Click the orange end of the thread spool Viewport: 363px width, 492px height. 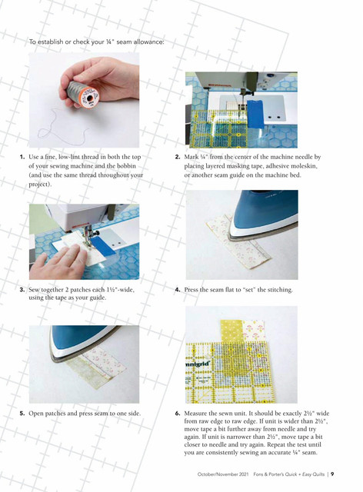coord(89,97)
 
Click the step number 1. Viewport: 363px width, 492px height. coord(22,157)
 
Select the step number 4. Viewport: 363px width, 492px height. coord(178,290)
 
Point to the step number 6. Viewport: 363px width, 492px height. coord(178,414)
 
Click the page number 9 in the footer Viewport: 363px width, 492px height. coord(332,474)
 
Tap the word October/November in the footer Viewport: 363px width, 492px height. coord(219,474)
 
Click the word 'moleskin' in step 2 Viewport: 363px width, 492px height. coord(304,166)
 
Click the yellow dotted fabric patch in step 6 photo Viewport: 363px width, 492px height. coord(231,331)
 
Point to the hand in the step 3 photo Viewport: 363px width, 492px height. coord(57,262)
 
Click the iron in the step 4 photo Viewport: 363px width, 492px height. coord(263,216)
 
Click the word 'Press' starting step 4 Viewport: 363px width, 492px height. coord(191,290)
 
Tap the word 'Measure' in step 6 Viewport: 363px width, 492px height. coord(195,414)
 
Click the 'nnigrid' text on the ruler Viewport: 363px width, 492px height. coord(198,364)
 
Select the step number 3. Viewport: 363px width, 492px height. coord(22,290)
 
